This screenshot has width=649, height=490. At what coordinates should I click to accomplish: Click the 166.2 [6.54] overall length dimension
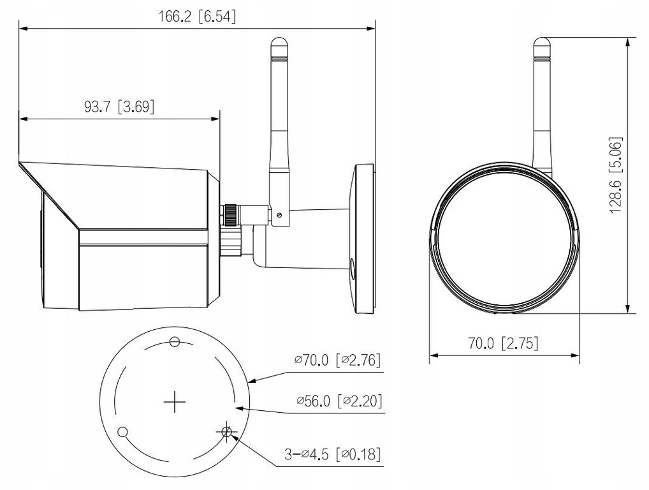(196, 17)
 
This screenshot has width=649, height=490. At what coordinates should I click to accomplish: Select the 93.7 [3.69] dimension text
(119, 107)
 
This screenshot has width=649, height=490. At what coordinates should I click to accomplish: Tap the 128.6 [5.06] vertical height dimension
(616, 175)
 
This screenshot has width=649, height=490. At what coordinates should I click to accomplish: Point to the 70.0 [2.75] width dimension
(503, 343)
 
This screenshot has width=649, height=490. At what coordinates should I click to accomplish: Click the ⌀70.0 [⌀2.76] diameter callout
(337, 360)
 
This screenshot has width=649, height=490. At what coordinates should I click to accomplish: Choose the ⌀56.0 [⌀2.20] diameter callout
(338, 401)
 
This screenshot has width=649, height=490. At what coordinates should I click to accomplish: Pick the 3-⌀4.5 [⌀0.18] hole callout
(332, 454)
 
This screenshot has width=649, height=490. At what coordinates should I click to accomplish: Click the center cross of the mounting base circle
(173, 402)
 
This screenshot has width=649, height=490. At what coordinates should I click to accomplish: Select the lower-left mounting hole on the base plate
(123, 432)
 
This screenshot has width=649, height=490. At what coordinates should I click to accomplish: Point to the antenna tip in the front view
(541, 43)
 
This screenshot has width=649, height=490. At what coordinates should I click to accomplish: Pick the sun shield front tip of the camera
(20, 164)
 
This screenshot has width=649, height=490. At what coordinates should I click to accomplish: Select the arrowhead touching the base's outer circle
(250, 381)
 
